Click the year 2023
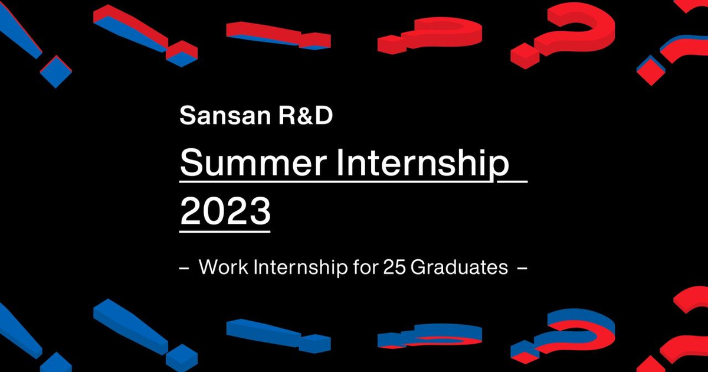click(225, 210)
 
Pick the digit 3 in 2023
click(259, 210)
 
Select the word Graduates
click(459, 267)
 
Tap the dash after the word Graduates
click(521, 269)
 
